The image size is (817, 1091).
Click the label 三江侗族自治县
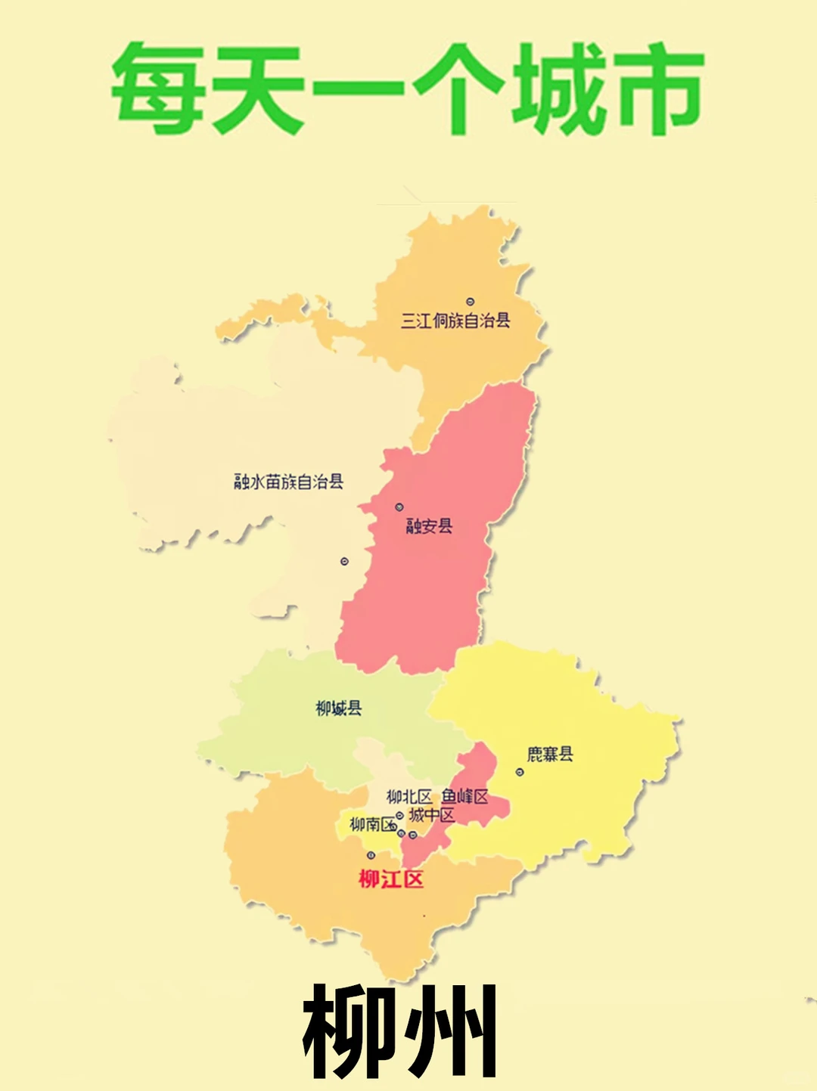[455, 321]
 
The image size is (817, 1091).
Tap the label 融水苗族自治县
[288, 482]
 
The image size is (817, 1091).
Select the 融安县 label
[429, 526]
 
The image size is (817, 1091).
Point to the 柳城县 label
[338, 708]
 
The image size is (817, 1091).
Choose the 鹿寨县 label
[550, 754]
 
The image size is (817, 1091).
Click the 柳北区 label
[408, 797]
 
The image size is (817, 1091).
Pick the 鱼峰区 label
[465, 796]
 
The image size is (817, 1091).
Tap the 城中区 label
[432, 815]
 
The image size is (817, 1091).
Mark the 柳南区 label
[373, 824]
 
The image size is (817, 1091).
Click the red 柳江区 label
[391, 879]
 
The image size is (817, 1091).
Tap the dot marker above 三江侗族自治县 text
[470, 302]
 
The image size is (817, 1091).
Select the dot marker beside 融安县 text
[399, 507]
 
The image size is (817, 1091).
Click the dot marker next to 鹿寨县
[520, 772]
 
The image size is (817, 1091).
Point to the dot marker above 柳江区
[371, 855]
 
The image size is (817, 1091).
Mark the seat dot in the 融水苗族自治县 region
[344, 562]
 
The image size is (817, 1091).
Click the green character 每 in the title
[157, 88]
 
